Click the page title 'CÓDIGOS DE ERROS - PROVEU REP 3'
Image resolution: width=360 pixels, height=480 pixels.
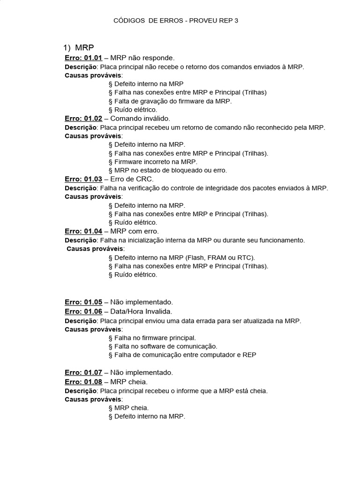[x=180, y=21]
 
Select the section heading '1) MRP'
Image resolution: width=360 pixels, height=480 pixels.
[x=78, y=48]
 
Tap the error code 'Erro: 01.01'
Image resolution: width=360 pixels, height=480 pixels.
[x=83, y=58]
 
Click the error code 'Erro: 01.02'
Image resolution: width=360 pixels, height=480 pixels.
[x=83, y=118]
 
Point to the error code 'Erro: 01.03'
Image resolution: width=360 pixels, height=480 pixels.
[x=83, y=179]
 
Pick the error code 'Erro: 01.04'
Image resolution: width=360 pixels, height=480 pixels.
[x=83, y=231]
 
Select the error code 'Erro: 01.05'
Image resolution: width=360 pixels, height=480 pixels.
[x=83, y=302]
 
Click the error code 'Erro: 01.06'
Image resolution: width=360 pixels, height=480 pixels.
[x=83, y=311]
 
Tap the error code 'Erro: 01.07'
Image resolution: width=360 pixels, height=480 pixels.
[x=83, y=372]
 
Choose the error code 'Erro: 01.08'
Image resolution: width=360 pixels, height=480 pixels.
[x=83, y=382]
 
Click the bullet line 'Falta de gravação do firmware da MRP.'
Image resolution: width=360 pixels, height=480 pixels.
[x=172, y=101]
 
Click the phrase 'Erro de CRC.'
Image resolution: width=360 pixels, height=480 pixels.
[x=132, y=179]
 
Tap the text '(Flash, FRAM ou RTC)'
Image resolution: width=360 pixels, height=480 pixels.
[x=220, y=257]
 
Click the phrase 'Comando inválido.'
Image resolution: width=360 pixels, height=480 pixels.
[x=140, y=118]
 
